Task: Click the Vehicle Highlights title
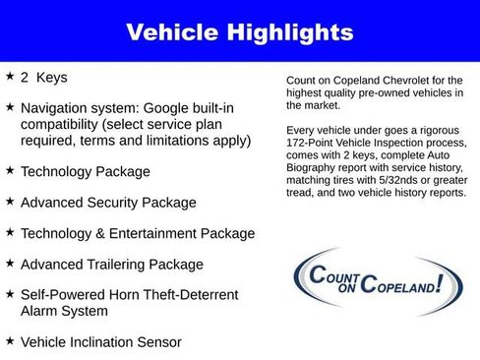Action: click(x=240, y=31)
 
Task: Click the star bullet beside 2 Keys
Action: click(x=10, y=76)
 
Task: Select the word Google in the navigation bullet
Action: click(x=188, y=107)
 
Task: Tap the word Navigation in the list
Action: click(x=57, y=107)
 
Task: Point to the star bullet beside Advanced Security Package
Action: click(x=10, y=202)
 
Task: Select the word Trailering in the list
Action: click(x=121, y=265)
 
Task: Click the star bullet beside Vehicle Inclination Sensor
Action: click(x=10, y=341)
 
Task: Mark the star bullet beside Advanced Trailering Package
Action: click(x=10, y=264)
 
